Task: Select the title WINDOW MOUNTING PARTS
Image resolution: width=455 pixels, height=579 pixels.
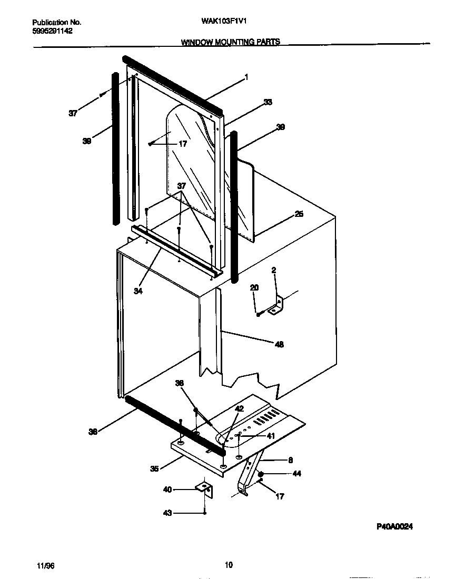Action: [230, 42]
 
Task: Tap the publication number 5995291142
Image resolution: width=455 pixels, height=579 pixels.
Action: [53, 31]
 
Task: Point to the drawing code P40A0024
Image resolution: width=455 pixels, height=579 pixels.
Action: [394, 526]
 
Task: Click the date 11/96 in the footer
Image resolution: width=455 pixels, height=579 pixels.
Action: [46, 565]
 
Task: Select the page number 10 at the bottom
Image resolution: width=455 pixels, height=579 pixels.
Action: [229, 565]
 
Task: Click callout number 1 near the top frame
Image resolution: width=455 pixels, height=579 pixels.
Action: [246, 77]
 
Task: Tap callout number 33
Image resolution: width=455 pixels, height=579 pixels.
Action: [268, 103]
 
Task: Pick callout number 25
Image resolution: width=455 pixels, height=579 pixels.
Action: [299, 214]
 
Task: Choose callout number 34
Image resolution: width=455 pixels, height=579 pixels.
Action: [138, 291]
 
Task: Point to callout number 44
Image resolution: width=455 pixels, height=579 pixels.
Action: [296, 474]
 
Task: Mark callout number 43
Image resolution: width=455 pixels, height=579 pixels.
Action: [167, 513]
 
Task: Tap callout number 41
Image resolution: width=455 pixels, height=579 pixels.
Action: [271, 436]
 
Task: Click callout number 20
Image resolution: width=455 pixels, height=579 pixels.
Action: [254, 287]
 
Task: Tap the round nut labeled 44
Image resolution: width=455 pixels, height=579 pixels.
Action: [261, 474]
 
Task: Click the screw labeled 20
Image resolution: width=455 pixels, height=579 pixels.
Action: [259, 313]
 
